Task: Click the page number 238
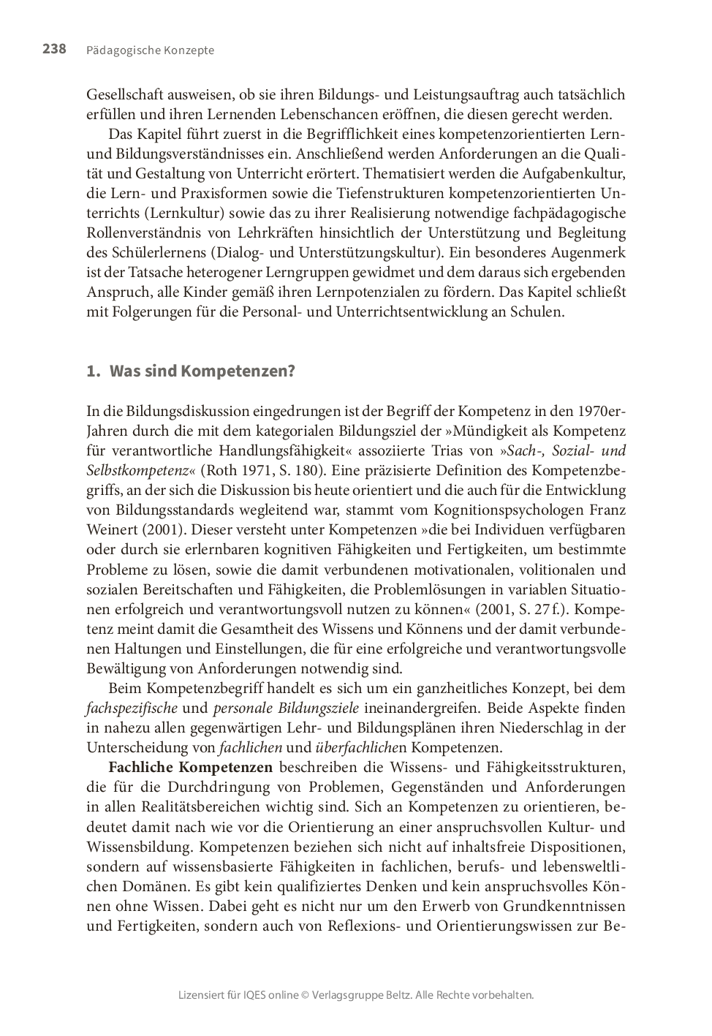(54, 50)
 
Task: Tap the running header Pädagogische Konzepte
(150, 50)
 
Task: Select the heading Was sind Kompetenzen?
(202, 371)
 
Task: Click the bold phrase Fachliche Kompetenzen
(190, 767)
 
